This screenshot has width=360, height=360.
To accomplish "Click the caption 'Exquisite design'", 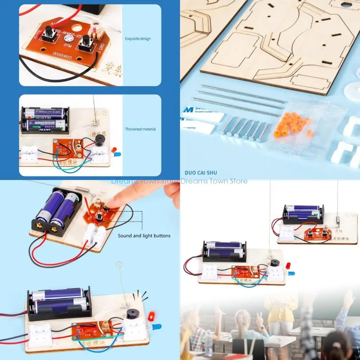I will click(138, 39).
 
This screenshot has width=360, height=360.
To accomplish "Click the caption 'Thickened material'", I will click(140, 129).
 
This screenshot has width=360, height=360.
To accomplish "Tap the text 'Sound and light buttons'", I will click(144, 236).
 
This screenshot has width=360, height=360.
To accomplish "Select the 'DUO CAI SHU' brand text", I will click(201, 173).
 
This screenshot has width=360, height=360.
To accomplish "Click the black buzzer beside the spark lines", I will click(133, 313).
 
